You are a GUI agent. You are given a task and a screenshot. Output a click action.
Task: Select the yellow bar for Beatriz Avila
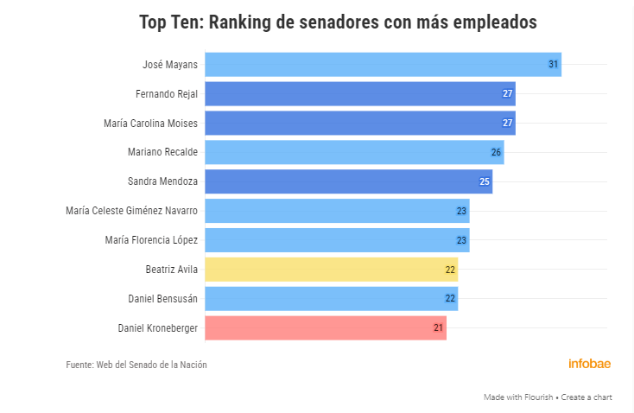pos(331,270)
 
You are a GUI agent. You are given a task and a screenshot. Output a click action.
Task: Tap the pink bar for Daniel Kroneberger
pos(325,328)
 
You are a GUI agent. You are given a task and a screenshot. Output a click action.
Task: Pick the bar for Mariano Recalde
pos(354,152)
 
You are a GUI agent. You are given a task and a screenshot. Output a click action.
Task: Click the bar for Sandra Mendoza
pos(348,181)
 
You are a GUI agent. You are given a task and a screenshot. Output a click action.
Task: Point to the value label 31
pos(554,65)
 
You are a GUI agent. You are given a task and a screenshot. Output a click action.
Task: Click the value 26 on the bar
pos(496,152)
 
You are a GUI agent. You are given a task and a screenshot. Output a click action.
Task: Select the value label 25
pos(485,181)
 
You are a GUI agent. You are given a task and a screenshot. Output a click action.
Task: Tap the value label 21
pos(439,328)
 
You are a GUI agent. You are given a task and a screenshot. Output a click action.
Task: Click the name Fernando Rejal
pos(167,94)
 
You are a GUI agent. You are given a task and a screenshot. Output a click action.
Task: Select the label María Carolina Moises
pos(150,124)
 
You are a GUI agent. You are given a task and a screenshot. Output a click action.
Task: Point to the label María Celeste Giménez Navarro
pos(131,211)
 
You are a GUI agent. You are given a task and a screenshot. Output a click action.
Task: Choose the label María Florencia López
pos(150,240)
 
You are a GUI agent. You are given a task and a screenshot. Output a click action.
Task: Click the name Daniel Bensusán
pos(168,299)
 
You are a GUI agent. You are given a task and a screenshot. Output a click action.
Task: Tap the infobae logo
pos(589,364)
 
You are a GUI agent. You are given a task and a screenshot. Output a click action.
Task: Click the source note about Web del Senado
pos(136,365)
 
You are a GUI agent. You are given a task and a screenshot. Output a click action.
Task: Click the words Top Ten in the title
pos(171,23)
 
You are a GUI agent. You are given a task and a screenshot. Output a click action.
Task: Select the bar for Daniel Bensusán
pos(331,299)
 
